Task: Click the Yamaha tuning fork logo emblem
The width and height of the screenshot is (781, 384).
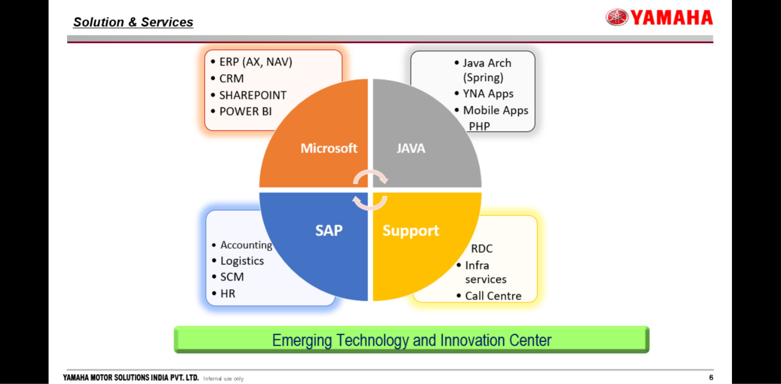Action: pyautogui.click(x=617, y=17)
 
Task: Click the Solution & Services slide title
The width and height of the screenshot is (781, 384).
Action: pyautogui.click(x=133, y=22)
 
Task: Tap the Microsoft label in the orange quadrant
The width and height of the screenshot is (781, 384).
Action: pyautogui.click(x=329, y=148)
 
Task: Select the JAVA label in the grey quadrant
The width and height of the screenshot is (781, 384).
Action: pyautogui.click(x=411, y=148)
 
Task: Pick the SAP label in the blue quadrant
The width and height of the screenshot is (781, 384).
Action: pyautogui.click(x=329, y=230)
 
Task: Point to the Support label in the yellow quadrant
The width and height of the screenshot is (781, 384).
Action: pyautogui.click(x=411, y=231)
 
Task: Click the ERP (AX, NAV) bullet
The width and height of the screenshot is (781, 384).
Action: pyautogui.click(x=255, y=62)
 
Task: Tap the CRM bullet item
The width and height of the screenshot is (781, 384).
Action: pyautogui.click(x=232, y=79)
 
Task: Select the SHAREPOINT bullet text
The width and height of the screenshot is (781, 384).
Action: pyautogui.click(x=253, y=95)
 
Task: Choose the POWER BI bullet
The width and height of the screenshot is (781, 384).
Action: pyautogui.click(x=245, y=112)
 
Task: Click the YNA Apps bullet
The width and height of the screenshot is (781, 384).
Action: pyautogui.click(x=488, y=94)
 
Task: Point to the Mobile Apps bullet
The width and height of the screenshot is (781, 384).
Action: pyautogui.click(x=495, y=111)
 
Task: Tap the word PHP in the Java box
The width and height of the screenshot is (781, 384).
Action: pyautogui.click(x=479, y=126)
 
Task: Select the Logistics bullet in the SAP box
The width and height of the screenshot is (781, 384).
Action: pyautogui.click(x=242, y=261)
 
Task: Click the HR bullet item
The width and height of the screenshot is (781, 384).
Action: pyautogui.click(x=228, y=293)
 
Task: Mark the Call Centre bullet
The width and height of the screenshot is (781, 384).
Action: pyautogui.click(x=493, y=296)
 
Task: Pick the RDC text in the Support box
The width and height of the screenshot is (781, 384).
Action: pyautogui.click(x=482, y=249)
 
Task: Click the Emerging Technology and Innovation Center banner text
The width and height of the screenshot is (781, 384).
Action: pyautogui.click(x=412, y=340)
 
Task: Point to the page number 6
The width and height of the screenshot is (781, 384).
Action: pyautogui.click(x=711, y=377)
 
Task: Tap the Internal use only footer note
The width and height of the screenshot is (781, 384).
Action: pyautogui.click(x=223, y=379)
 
